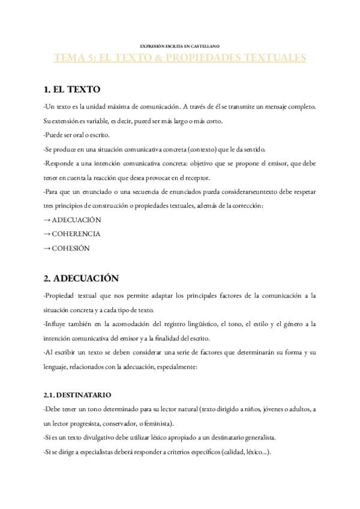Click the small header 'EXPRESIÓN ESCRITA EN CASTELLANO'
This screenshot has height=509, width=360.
pos(179,46)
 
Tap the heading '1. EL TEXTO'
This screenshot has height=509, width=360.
pos(72,90)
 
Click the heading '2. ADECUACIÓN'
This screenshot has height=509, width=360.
pos(81,279)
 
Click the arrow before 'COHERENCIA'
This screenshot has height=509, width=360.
pos(47,234)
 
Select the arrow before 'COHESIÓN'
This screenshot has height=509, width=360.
pos(47,248)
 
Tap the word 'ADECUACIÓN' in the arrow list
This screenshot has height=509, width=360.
pos(77,220)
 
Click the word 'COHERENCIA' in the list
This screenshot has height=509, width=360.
pos(76,234)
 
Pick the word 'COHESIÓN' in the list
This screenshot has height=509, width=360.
pos(71,248)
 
